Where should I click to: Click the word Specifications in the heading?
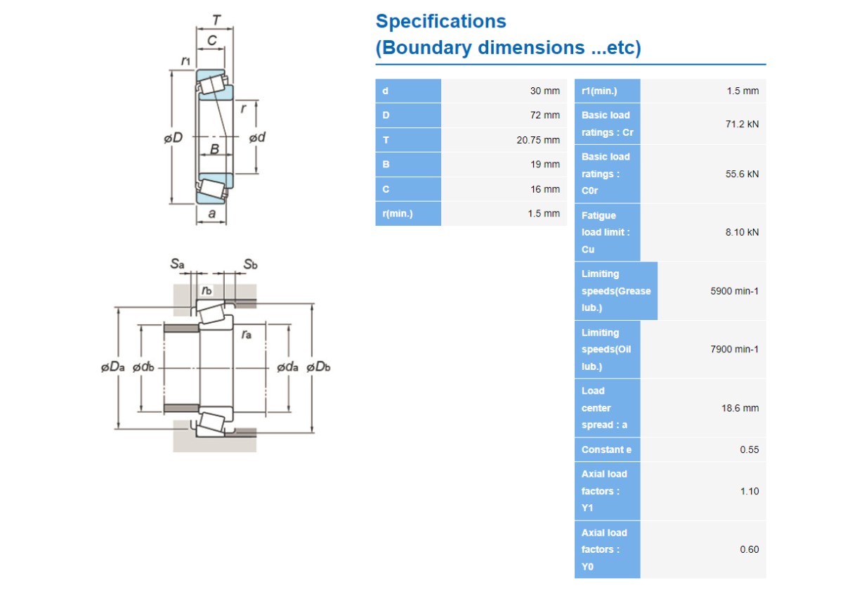(441, 22)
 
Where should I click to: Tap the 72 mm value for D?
(545, 115)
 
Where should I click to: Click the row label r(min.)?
(398, 214)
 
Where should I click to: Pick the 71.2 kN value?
(742, 124)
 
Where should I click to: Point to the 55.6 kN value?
(742, 174)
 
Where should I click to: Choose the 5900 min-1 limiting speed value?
(734, 291)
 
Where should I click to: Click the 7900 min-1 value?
(734, 350)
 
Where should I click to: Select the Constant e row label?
(606, 449)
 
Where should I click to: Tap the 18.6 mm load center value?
(740, 408)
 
